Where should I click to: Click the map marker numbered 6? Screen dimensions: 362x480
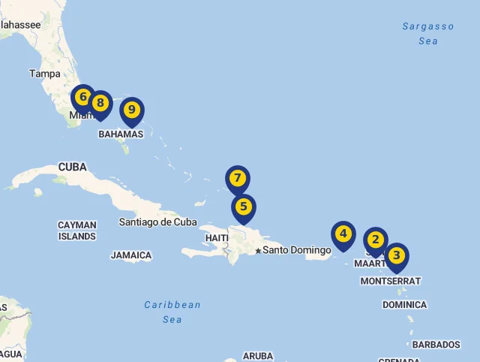82,98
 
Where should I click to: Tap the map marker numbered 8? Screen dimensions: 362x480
100,104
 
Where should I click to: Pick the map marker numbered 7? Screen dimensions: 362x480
238,179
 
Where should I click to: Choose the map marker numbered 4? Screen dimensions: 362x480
343,234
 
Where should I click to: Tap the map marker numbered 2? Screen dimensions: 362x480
375,240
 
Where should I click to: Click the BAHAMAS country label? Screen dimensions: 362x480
121,134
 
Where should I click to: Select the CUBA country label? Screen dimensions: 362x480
72,167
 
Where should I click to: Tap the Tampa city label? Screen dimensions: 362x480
44,74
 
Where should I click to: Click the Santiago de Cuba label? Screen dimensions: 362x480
157,222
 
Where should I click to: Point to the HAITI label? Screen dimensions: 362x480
217,238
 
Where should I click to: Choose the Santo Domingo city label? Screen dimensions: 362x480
297,250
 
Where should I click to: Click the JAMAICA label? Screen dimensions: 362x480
131,255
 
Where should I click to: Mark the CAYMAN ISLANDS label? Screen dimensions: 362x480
77,231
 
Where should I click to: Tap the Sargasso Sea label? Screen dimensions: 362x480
428,34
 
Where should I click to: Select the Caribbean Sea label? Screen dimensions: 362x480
172,312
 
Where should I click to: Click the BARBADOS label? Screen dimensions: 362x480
436,345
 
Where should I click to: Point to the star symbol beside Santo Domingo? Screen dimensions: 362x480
258,251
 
